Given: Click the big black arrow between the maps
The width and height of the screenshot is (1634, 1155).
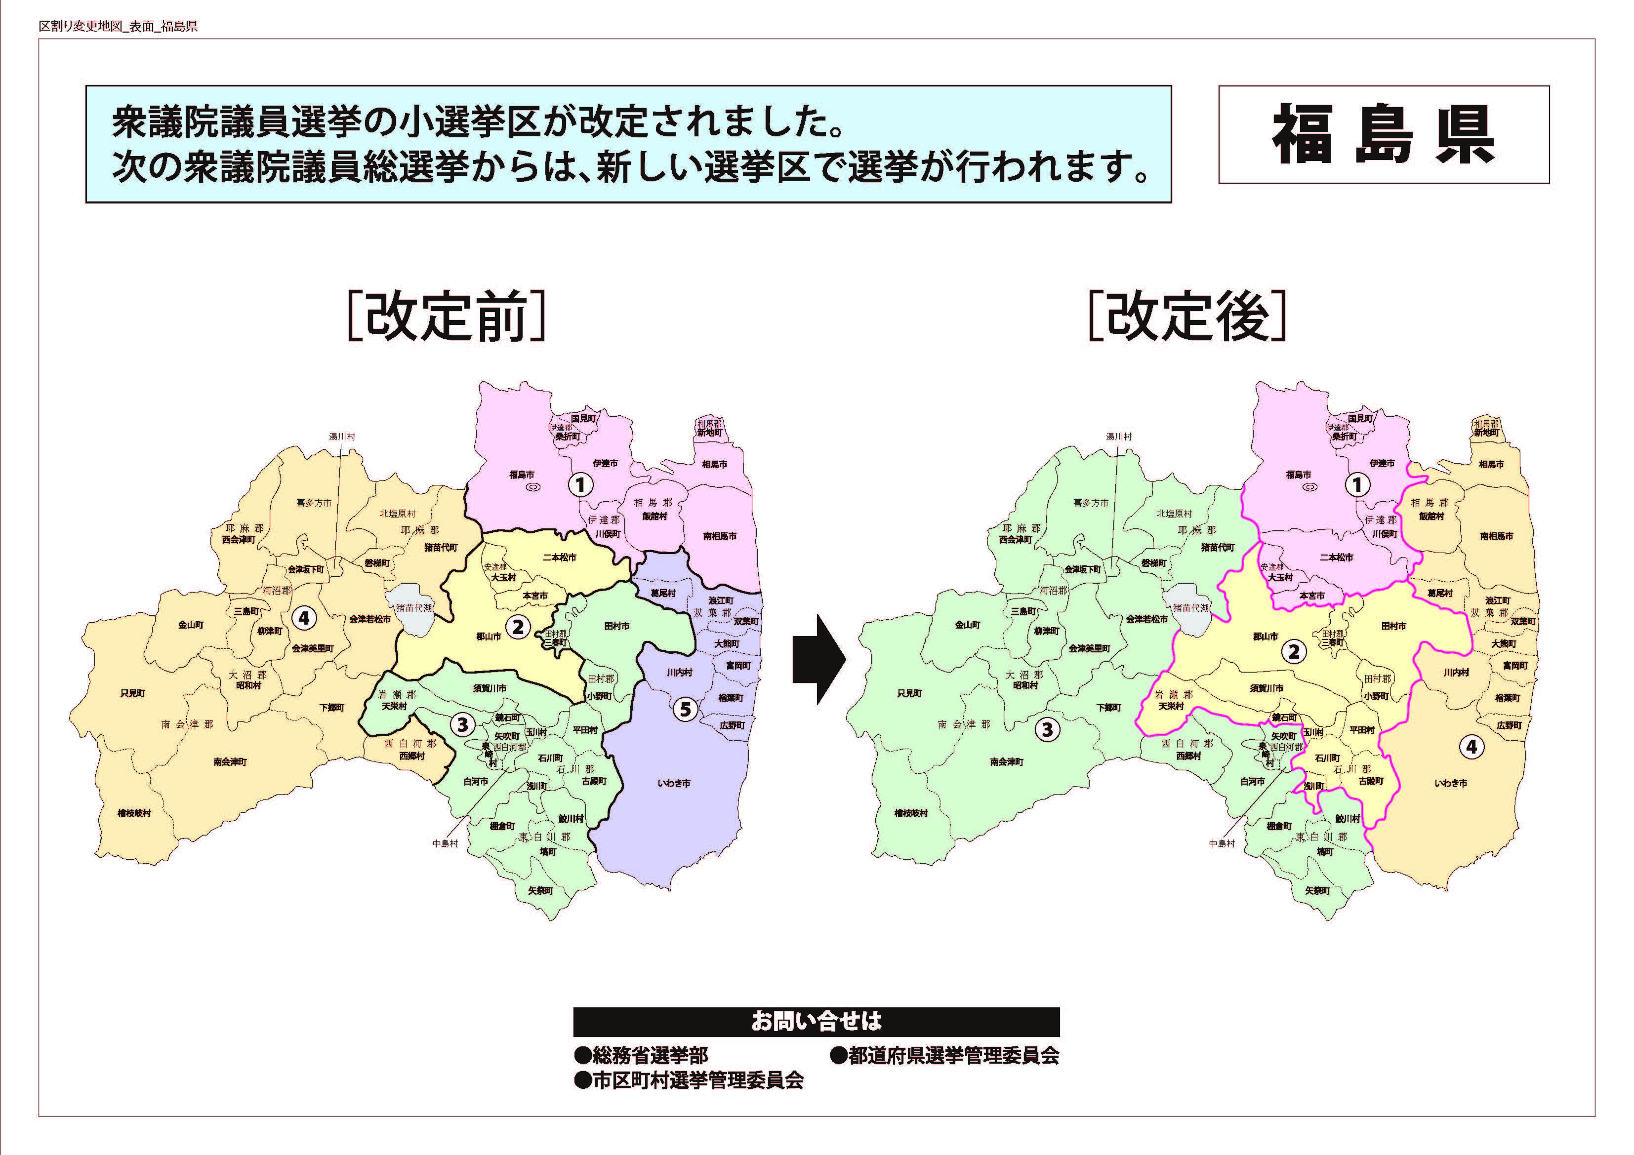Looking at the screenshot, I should (x=818, y=659).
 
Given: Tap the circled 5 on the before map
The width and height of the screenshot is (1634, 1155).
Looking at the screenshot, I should (x=685, y=709).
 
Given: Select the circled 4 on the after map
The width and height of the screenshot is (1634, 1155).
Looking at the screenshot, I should (x=1471, y=747).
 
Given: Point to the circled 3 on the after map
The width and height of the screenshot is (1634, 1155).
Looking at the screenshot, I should (x=1047, y=729).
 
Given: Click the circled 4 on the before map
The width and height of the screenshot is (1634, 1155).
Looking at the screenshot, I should (x=304, y=618).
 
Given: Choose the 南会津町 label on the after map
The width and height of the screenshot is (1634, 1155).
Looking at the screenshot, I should (x=1006, y=761).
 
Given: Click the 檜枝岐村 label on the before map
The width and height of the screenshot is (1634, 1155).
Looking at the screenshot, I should (x=134, y=813).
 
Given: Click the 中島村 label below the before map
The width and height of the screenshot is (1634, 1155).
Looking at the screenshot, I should (x=446, y=843).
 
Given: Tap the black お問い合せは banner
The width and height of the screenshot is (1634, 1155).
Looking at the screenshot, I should (x=817, y=1022).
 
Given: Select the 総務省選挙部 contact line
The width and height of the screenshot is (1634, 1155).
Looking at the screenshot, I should (x=641, y=1055).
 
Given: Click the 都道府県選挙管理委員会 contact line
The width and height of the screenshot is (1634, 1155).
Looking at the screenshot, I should (x=944, y=1055).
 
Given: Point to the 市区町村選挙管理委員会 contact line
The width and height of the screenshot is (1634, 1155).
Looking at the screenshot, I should (x=689, y=1080).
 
